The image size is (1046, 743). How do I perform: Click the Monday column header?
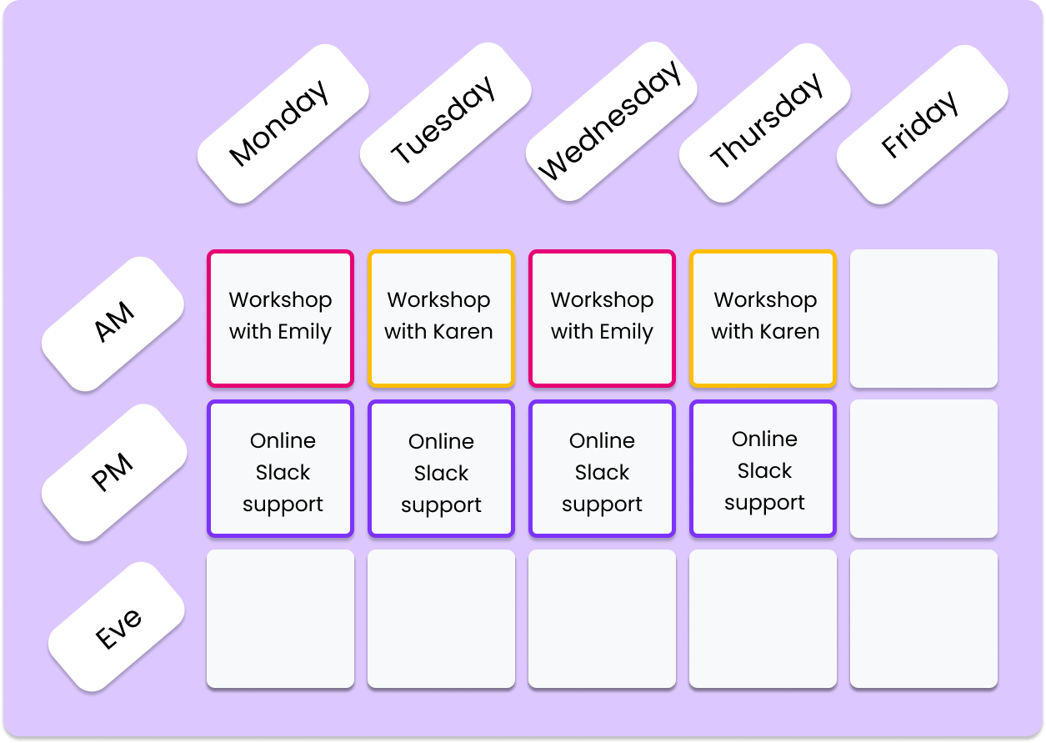282,123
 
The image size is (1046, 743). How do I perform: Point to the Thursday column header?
766,121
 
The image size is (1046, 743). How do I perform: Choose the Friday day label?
921,123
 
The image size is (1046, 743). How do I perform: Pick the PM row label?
113,473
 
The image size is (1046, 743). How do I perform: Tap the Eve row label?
118,626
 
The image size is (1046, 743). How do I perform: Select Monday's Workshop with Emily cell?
280,319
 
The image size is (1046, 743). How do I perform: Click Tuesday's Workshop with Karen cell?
441,319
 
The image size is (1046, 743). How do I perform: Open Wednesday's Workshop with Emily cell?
602,319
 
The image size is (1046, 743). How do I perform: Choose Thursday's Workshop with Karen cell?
763,319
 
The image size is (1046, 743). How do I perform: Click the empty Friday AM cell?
923,319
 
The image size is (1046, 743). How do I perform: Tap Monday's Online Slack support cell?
280,469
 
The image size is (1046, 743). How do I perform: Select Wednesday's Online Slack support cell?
602,469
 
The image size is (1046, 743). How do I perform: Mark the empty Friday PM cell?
923,469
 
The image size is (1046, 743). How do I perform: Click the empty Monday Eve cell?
280,619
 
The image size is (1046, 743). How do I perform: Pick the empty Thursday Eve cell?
763,619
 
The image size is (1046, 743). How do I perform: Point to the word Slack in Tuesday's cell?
441,474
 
